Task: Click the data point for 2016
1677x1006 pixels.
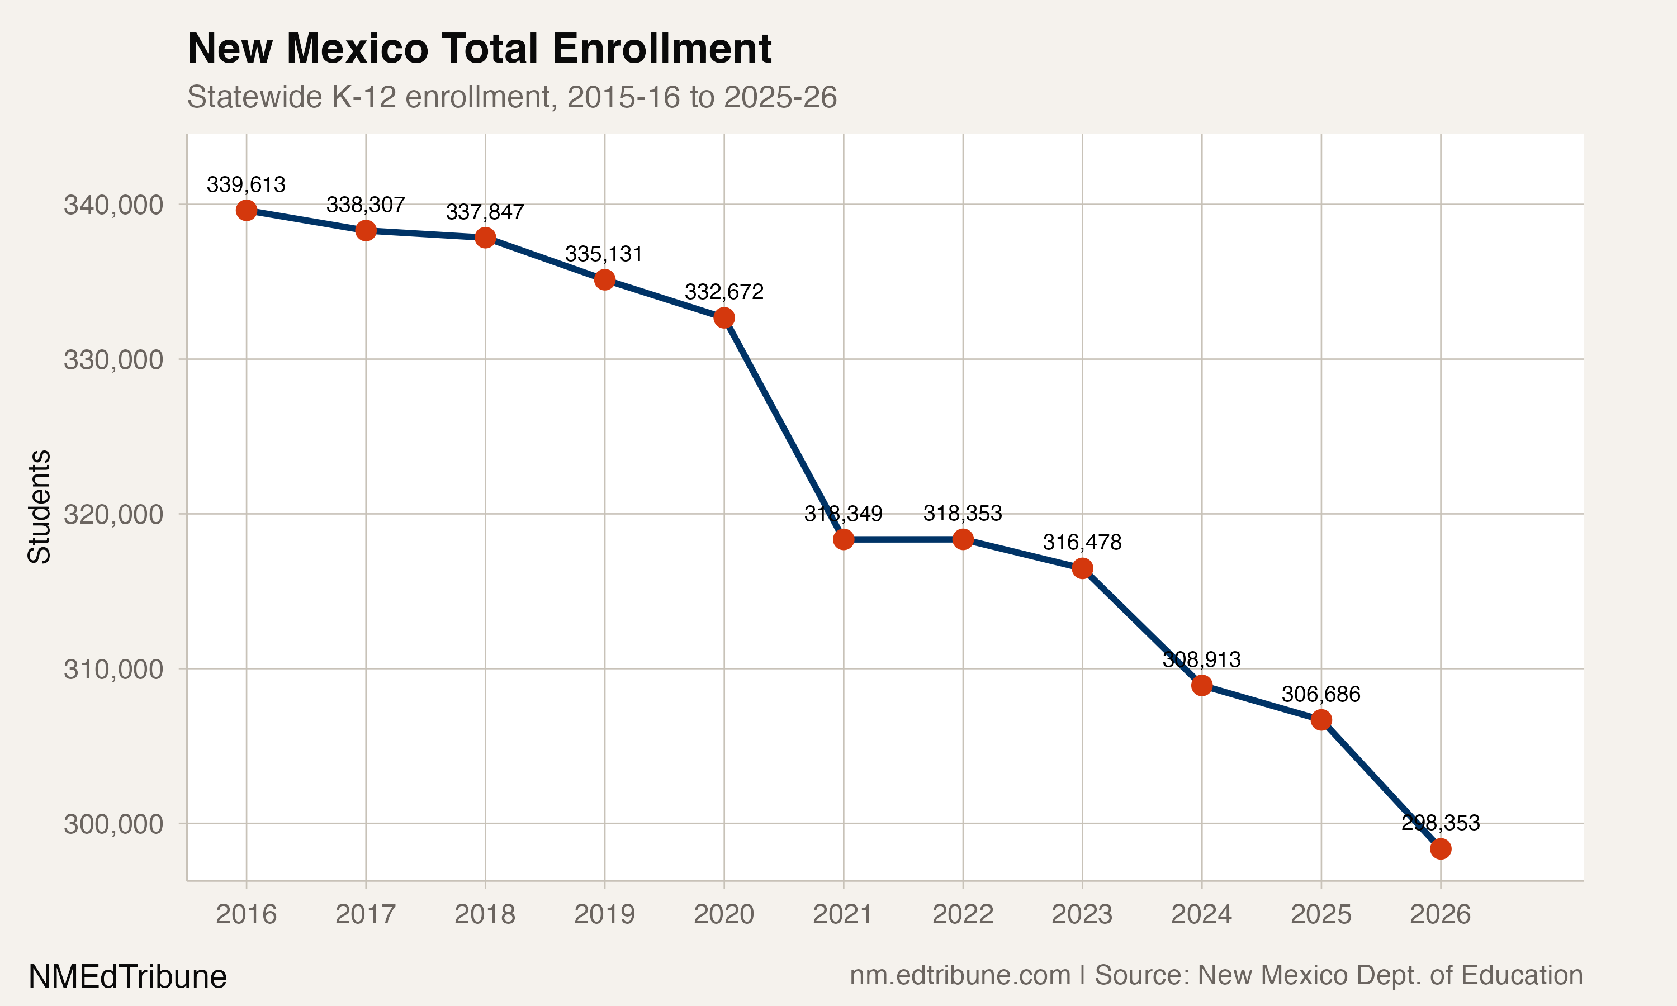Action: point(246,210)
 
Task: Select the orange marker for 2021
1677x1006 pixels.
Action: point(843,539)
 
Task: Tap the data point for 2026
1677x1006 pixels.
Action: point(1441,849)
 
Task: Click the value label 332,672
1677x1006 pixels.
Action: point(724,292)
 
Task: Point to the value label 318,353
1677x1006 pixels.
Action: point(963,513)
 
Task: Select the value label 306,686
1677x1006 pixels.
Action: point(1320,694)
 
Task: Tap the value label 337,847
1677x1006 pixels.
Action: point(485,212)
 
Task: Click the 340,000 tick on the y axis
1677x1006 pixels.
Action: point(114,205)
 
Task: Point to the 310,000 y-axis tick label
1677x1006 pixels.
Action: point(114,670)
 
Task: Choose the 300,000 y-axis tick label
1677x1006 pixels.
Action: point(114,824)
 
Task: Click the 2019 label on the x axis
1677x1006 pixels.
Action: point(604,914)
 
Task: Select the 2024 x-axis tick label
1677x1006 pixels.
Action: point(1201,914)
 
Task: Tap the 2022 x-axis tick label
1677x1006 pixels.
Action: point(963,914)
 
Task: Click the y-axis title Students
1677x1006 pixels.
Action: point(39,506)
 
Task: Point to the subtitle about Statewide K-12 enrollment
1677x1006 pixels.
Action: point(512,97)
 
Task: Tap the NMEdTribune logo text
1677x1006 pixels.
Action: point(127,977)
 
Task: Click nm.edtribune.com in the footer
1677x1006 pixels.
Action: point(960,975)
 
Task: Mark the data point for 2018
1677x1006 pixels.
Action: point(485,238)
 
